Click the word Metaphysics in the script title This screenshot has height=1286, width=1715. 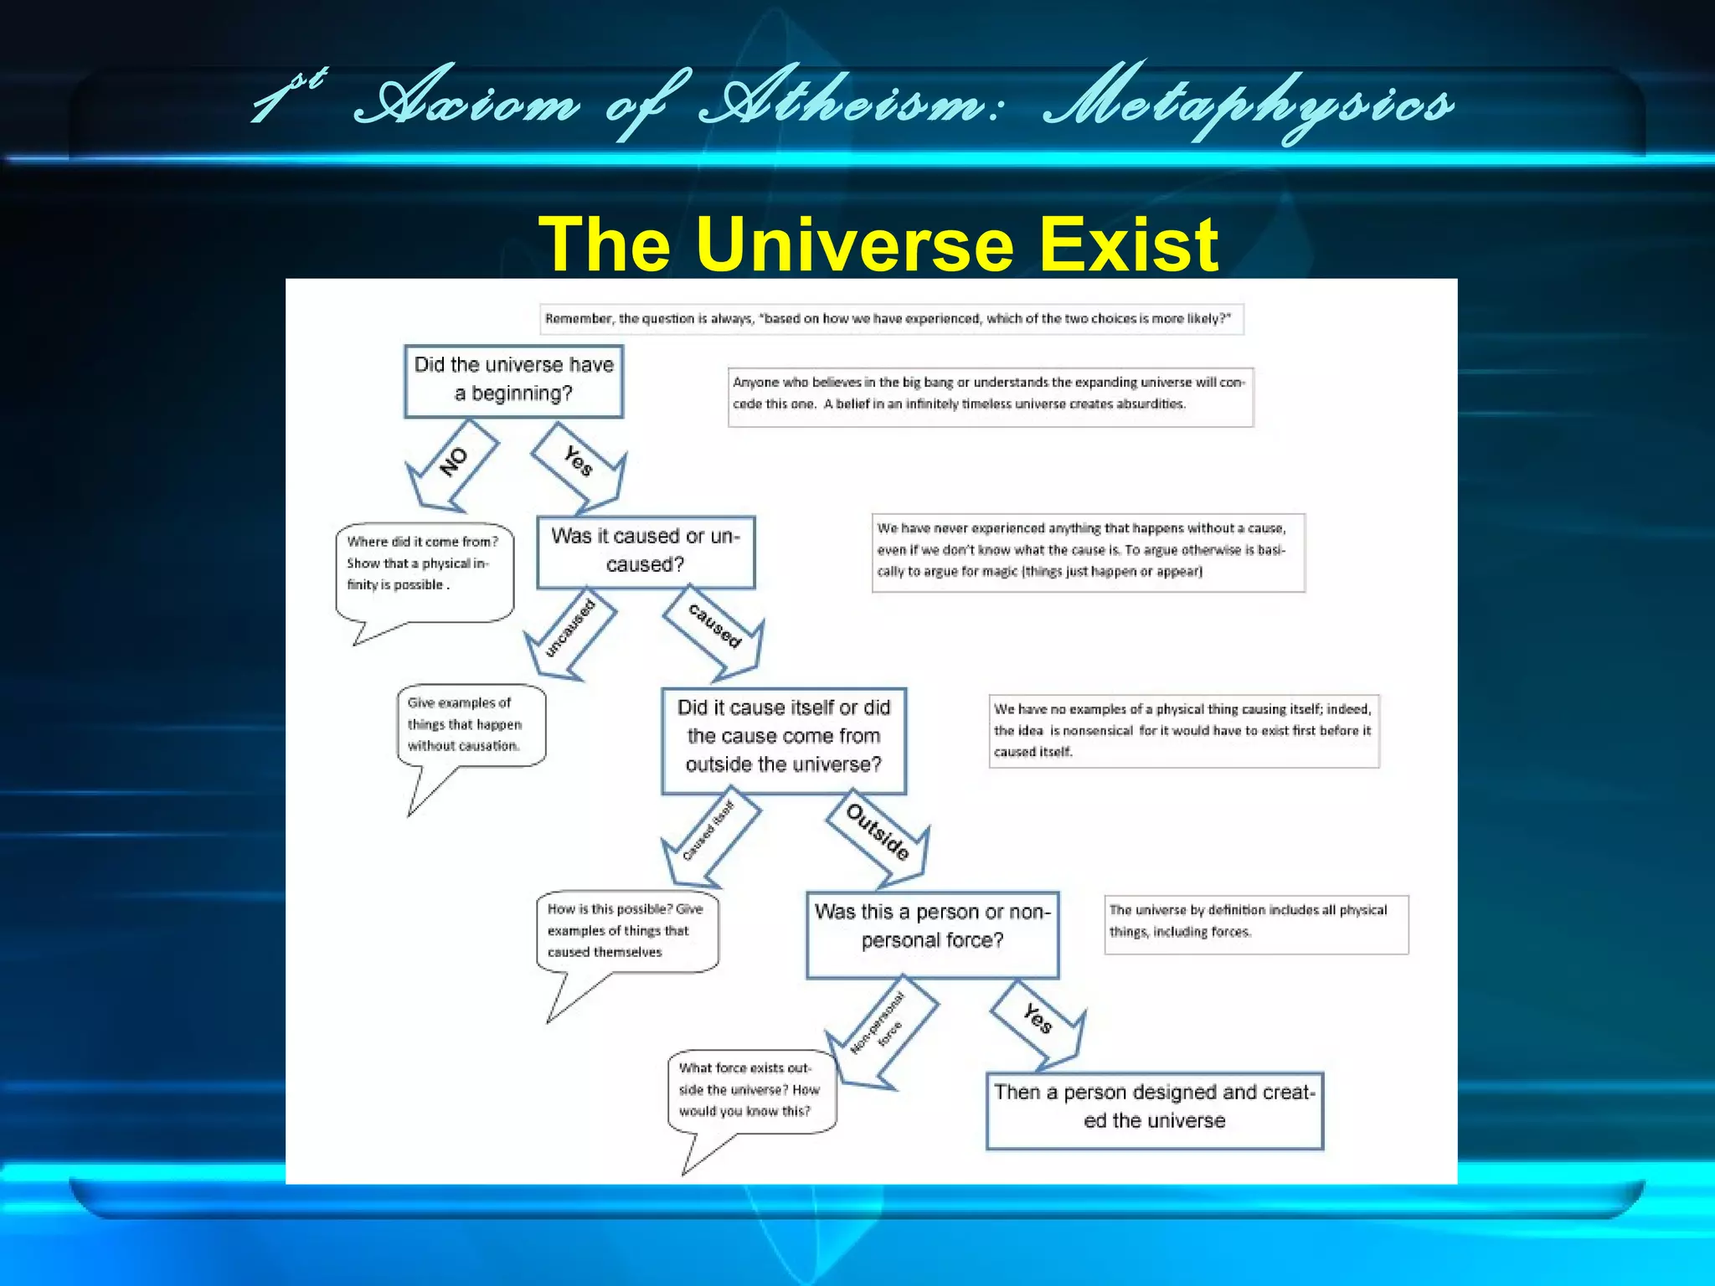click(1248, 105)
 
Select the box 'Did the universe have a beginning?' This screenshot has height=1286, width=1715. click(513, 380)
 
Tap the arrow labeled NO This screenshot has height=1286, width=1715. click(453, 463)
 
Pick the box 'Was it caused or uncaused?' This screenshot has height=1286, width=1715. click(646, 551)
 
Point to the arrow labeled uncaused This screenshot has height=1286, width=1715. click(570, 630)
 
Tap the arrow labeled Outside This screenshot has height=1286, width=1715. click(878, 834)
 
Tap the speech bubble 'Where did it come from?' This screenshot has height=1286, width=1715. click(424, 569)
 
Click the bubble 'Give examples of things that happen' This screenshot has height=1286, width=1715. click(471, 724)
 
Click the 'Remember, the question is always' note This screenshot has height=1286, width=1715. click(890, 319)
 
